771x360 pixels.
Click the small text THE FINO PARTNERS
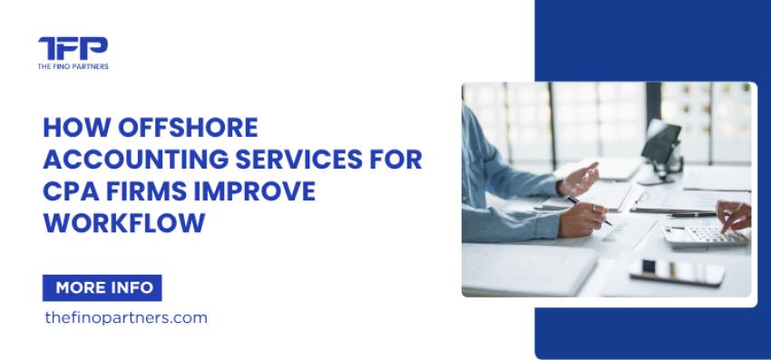pyautogui.click(x=73, y=66)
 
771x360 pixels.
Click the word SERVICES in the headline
pyautogui.click(x=306, y=161)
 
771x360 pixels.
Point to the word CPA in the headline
pyautogui.click(x=68, y=193)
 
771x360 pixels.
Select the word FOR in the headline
pyautogui.click(x=396, y=161)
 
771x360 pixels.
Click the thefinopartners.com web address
pyautogui.click(x=125, y=317)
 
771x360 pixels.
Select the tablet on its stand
pyautogui.click(x=663, y=141)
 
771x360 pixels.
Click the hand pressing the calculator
pyautogui.click(x=732, y=216)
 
